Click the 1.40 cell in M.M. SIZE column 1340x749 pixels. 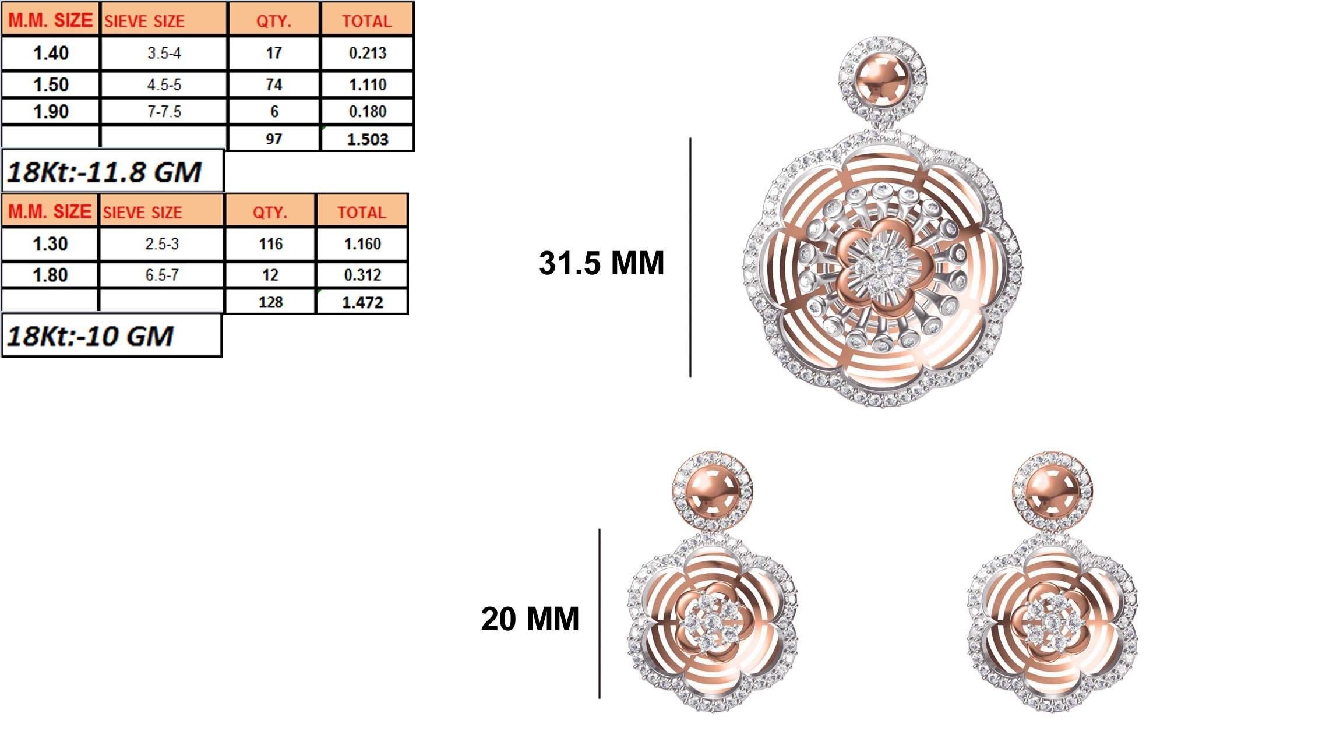coord(51,54)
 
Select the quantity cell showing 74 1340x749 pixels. coord(274,84)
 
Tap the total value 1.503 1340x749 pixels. coord(367,139)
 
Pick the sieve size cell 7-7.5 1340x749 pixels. coord(164,112)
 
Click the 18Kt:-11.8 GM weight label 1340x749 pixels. coord(105,172)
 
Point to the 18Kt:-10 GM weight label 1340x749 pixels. coord(90,336)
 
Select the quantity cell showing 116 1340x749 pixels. coord(270,243)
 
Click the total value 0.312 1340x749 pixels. coord(362,275)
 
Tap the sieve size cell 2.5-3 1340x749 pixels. coord(162,243)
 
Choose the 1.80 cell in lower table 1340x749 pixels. coord(50,275)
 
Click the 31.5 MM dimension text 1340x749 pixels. coord(601,263)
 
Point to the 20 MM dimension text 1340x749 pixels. coord(530,619)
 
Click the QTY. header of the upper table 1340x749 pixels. coord(274,21)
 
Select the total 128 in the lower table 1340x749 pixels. coord(270,302)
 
